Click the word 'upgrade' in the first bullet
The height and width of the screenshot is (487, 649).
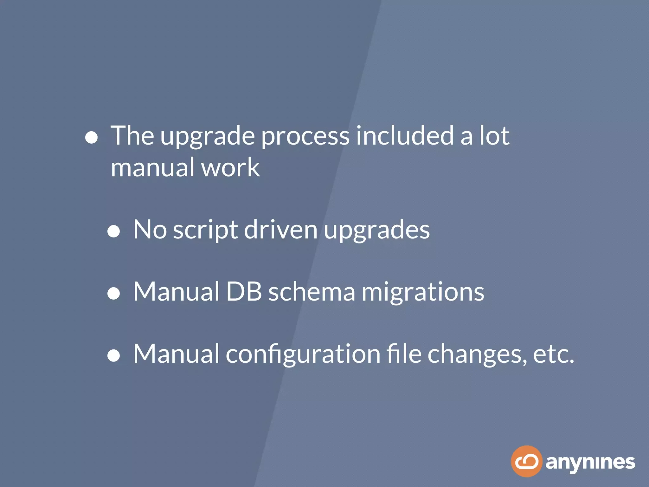click(208, 137)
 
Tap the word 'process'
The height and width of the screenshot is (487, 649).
click(305, 137)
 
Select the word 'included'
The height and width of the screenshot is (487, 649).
click(405, 135)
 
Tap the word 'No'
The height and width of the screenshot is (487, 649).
click(150, 229)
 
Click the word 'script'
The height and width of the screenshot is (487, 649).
click(205, 231)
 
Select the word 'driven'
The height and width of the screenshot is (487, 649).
click(281, 229)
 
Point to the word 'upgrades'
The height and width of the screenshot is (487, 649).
click(377, 231)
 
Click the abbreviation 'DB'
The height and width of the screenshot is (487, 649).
click(244, 291)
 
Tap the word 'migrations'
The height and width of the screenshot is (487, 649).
click(423, 293)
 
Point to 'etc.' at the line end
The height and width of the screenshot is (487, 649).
click(553, 354)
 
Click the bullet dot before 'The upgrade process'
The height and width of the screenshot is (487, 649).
click(91, 138)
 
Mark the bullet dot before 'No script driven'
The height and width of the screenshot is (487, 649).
click(113, 231)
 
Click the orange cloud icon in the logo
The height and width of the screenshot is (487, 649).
click(526, 461)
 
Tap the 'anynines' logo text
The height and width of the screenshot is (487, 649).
click(590, 463)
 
